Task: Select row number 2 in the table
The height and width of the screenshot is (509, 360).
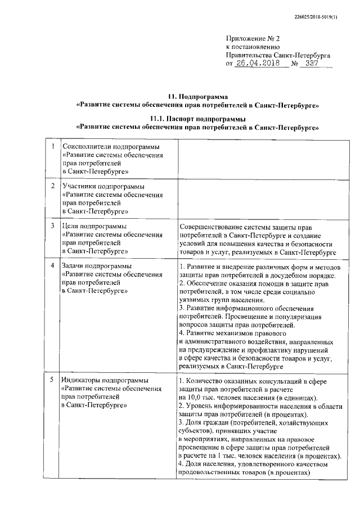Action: pyautogui.click(x=52, y=186)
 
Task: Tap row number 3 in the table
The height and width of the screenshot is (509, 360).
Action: pyautogui.click(x=52, y=225)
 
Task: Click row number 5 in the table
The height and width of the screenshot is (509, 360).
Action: pyautogui.click(x=52, y=380)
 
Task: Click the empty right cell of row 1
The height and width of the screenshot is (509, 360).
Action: pyautogui.click(x=259, y=159)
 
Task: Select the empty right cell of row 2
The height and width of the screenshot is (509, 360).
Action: pyautogui.click(x=259, y=198)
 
